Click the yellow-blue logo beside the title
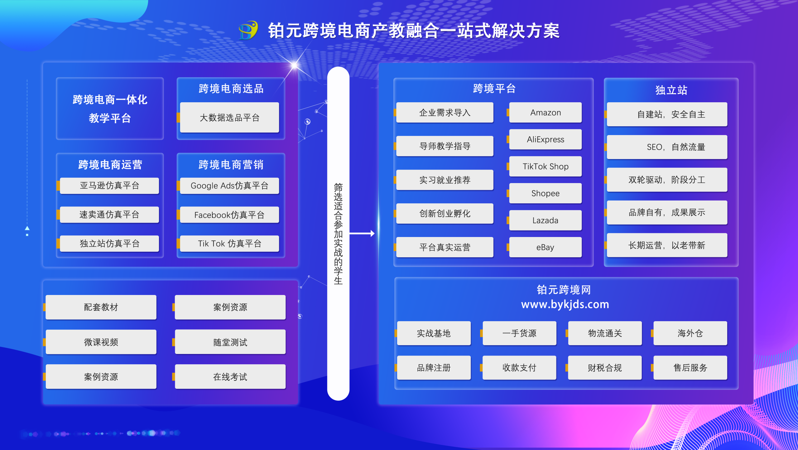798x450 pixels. [248, 31]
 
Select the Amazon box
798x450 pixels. [545, 113]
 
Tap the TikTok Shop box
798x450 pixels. [545, 167]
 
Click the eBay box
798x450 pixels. [545, 247]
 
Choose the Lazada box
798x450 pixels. [545, 220]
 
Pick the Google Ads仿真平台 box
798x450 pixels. [229, 186]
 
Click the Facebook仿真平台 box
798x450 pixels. [229, 215]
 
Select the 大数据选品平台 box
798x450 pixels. [229, 118]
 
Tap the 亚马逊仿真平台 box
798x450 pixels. [109, 186]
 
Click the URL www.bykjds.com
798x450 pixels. [565, 304]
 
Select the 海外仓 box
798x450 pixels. [690, 333]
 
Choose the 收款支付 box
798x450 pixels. [519, 368]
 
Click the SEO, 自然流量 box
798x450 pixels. [667, 147]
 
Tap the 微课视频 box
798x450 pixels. [101, 342]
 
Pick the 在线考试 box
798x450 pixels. [230, 377]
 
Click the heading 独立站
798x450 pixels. [671, 90]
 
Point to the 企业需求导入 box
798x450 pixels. [445, 113]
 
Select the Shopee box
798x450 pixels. [545, 193]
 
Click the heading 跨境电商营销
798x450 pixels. [231, 165]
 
